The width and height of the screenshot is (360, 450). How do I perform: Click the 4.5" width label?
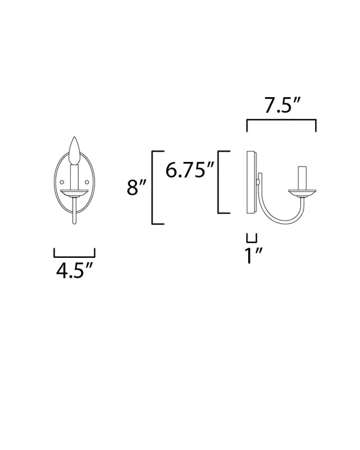tap(74, 269)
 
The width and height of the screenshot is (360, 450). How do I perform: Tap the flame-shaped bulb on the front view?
tap(74, 152)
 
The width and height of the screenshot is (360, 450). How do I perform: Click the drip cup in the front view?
tap(74, 192)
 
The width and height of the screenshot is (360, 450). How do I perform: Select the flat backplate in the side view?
tap(251, 184)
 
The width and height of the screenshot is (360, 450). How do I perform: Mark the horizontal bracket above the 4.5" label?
tap(74, 253)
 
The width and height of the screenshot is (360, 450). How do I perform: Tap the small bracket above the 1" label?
tap(251, 237)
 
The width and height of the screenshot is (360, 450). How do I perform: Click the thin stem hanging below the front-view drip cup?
tap(74, 211)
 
